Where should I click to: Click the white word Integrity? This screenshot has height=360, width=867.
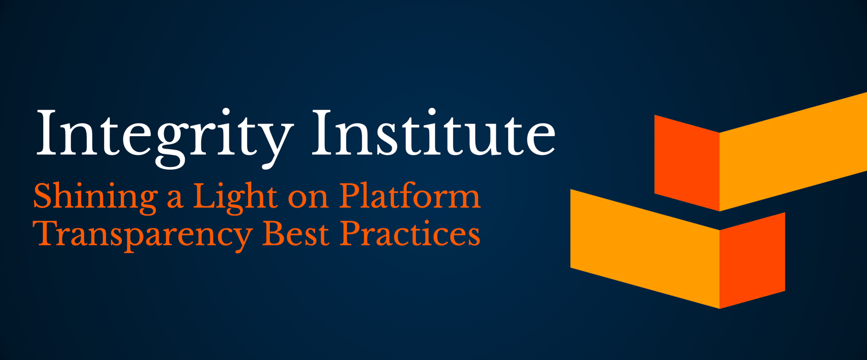[x=164, y=139]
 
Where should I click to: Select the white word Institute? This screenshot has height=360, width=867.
[x=434, y=132]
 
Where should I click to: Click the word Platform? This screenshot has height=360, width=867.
[x=410, y=195]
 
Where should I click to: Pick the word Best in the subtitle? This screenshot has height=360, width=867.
[x=296, y=234]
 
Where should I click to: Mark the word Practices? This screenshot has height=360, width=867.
[x=410, y=234]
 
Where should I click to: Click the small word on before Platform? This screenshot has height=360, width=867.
[x=308, y=200]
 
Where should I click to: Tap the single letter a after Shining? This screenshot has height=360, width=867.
[x=175, y=200]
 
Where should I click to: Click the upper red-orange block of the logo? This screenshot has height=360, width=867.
[x=687, y=163]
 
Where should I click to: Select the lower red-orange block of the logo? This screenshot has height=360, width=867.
[x=753, y=260]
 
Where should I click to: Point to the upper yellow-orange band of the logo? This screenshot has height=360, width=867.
[x=793, y=152]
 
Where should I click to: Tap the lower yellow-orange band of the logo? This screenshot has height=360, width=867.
[x=645, y=249]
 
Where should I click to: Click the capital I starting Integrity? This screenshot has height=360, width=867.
[x=48, y=132]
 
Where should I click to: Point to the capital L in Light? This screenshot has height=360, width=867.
[x=205, y=195]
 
